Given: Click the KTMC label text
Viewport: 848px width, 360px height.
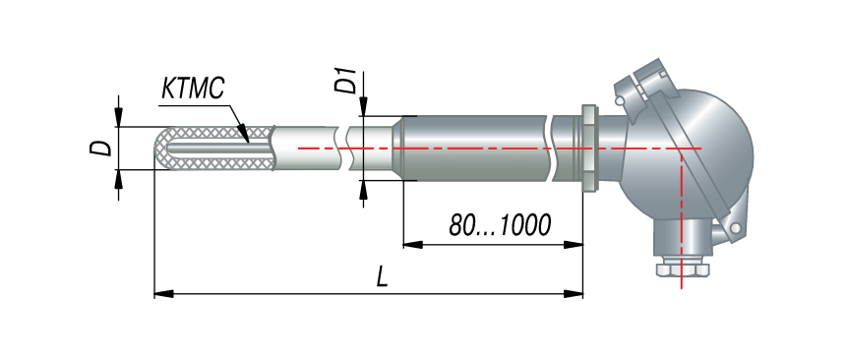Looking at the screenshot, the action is pyautogui.click(x=193, y=89).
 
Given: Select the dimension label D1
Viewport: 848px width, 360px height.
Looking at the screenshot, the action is pyautogui.click(x=345, y=81).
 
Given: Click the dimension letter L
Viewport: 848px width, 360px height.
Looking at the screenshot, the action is pyautogui.click(x=383, y=277).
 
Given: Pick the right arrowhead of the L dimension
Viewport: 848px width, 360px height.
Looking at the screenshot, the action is pyautogui.click(x=574, y=294).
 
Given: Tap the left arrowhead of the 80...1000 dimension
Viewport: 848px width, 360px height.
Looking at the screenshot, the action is pyautogui.click(x=412, y=245).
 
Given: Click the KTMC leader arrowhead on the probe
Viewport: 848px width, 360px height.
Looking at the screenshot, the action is pyautogui.click(x=243, y=134).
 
